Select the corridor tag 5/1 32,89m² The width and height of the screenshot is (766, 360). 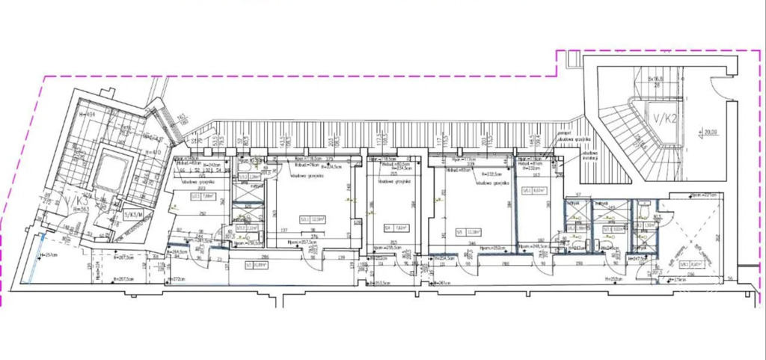pos(256,263)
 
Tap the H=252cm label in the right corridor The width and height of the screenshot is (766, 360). pos(610,278)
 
